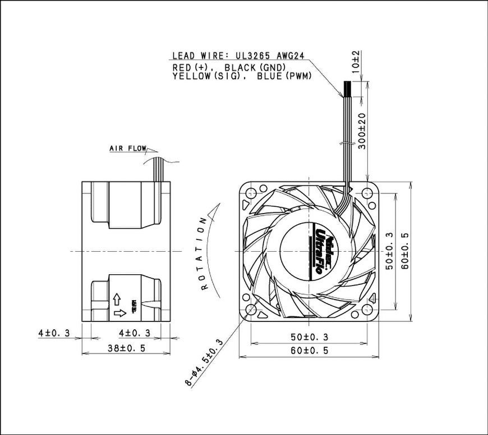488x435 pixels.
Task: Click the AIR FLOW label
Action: point(128,149)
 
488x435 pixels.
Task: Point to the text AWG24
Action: point(291,56)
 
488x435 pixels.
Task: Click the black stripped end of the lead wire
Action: point(348,88)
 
